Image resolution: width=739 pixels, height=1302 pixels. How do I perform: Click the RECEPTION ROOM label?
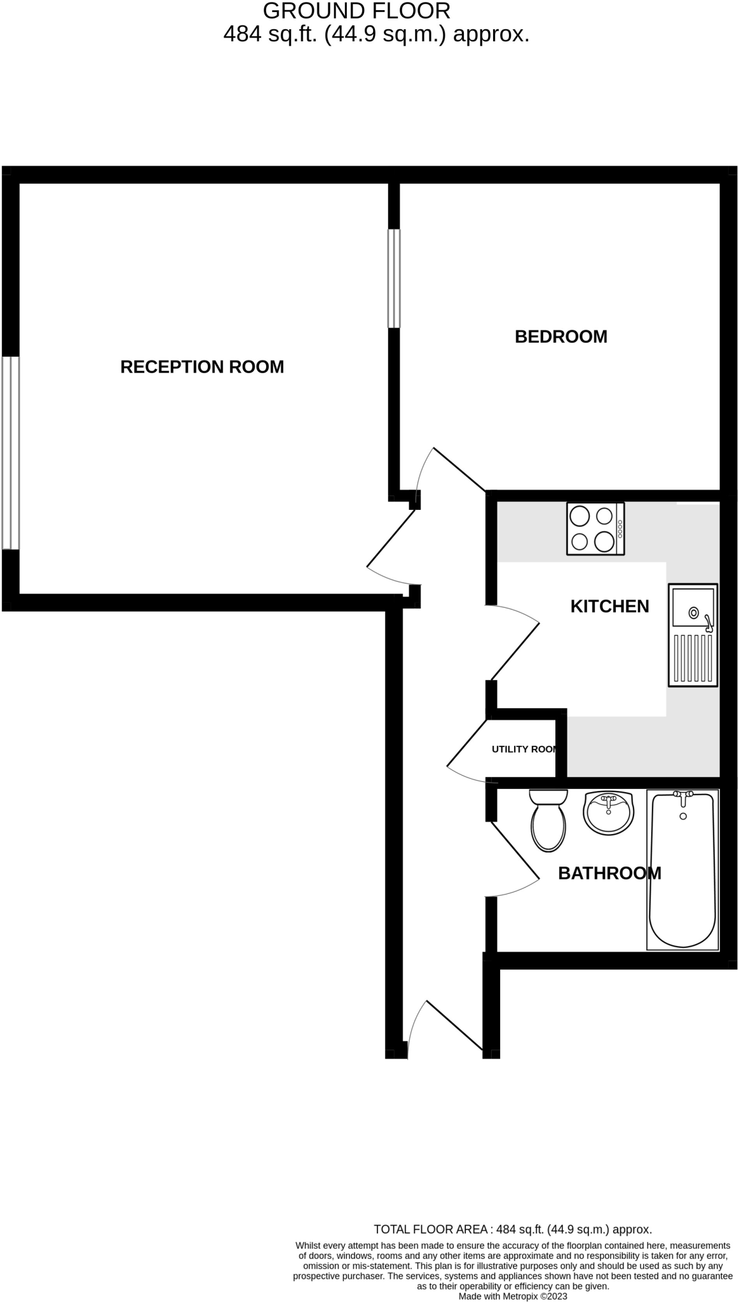point(202,367)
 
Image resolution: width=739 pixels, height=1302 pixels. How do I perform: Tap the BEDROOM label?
point(560,336)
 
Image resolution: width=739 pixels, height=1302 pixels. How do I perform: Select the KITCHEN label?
point(609,606)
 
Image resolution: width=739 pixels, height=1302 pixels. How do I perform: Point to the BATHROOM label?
point(609,874)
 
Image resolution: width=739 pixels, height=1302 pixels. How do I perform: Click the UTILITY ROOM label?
point(525,750)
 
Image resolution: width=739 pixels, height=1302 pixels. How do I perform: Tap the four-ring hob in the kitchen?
point(595,528)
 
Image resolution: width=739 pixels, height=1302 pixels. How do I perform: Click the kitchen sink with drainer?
point(693,634)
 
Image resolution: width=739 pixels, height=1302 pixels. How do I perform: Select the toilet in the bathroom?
point(548,820)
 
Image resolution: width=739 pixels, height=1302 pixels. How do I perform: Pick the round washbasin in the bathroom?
point(608,812)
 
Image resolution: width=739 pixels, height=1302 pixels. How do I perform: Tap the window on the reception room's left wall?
point(10,453)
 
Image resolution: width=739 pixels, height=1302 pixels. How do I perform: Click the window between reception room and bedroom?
point(394,278)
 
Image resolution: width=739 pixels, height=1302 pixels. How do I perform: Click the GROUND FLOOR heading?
point(356,11)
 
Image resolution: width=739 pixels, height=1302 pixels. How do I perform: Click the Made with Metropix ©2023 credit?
point(513,1296)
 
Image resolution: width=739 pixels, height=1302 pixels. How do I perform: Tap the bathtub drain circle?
point(683,816)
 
